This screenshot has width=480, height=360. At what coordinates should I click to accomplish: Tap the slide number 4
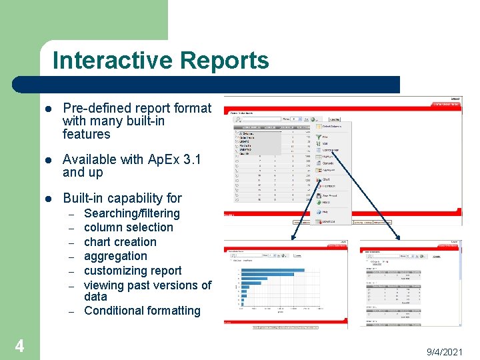coord(19,345)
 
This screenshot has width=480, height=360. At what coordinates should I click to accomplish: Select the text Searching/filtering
coord(131,213)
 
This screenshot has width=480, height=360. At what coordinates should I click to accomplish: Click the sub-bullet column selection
coord(128,227)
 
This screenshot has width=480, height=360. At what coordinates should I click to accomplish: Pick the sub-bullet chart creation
coord(120,242)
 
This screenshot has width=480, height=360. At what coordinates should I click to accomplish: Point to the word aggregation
coord(115,256)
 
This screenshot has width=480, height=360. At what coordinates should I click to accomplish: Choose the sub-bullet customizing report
coord(133,271)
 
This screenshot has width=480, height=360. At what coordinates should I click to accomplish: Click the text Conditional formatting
coord(142,311)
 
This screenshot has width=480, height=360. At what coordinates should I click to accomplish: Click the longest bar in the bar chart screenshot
coord(273,271)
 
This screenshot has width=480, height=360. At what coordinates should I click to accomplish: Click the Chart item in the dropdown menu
coord(326,179)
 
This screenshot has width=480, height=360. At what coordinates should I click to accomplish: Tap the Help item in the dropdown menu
coord(326,211)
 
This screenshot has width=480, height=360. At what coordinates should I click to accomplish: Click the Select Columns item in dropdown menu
coord(331,125)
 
